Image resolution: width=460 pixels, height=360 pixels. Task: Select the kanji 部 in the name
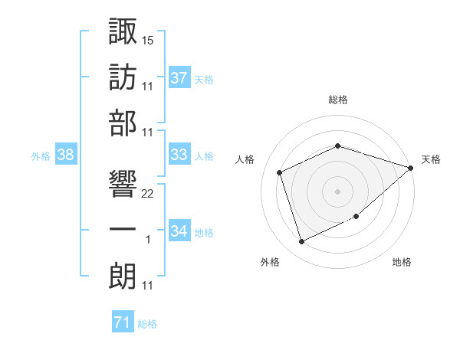click(x=123, y=122)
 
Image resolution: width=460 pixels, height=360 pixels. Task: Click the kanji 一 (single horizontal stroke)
click(x=123, y=229)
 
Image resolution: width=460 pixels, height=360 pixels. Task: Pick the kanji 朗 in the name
click(x=123, y=275)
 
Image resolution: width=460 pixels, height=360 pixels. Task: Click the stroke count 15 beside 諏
click(x=148, y=39)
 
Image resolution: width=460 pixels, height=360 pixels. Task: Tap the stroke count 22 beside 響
click(x=148, y=193)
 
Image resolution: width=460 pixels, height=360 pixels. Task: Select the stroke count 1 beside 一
click(x=148, y=241)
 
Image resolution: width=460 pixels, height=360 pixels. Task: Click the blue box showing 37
click(x=179, y=78)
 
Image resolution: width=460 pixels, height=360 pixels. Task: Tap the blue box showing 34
click(x=179, y=231)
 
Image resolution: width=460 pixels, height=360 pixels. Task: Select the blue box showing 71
click(x=123, y=323)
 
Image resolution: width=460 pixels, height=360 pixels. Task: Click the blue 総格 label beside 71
click(x=147, y=324)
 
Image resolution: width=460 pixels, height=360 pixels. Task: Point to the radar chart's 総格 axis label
click(x=337, y=100)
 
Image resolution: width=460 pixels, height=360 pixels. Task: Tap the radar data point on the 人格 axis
click(x=281, y=172)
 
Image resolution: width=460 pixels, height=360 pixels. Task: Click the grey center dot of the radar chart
click(x=337, y=191)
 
